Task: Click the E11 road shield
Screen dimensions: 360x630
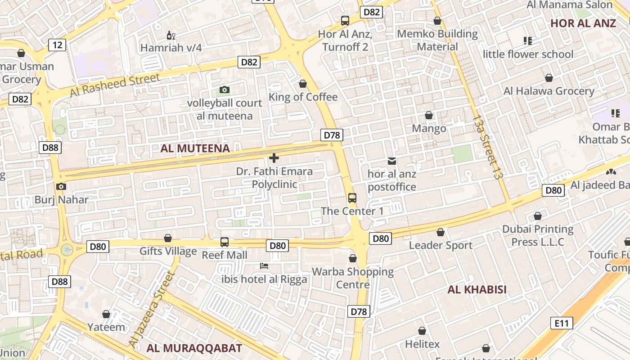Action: pos(562,323)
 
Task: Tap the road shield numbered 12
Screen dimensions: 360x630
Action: pos(57,45)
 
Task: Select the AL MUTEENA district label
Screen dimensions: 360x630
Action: pos(195,148)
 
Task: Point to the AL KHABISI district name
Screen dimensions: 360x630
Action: pos(477,289)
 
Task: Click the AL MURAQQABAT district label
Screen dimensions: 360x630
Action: pos(194,348)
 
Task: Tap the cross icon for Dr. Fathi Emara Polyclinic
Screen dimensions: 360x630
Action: pos(274,158)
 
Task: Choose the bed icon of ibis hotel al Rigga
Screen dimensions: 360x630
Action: pos(264,266)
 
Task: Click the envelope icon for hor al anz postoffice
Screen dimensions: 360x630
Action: pos(392,161)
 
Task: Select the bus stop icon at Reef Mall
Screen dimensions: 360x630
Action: pos(225,242)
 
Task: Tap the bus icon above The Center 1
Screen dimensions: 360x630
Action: pos(352,198)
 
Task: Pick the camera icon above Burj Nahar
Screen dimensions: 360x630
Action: pos(61,186)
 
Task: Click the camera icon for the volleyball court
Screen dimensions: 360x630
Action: pos(225,90)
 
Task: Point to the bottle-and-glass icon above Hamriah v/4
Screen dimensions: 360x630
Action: pos(171,35)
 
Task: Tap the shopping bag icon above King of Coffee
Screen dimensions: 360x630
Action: pos(303,84)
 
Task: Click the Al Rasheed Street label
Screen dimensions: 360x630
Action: pos(115,85)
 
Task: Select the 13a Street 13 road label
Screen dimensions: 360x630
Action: pos(488,147)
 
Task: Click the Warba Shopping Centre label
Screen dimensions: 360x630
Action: pos(353,278)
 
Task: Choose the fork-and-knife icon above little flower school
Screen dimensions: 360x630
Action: pos(528,41)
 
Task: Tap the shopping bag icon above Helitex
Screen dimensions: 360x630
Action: pos(422,331)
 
